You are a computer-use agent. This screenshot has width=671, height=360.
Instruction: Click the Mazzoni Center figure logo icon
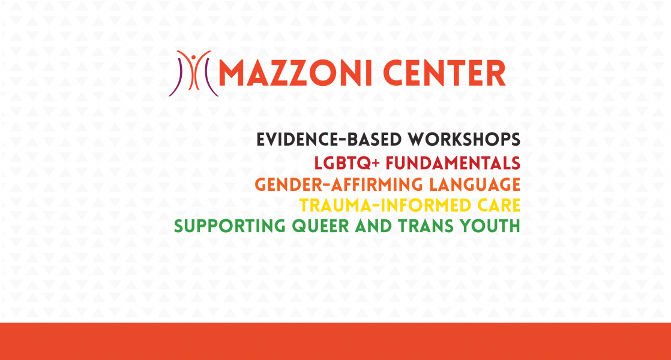point(194,73)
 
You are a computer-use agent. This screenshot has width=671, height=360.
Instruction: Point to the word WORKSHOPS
point(464,140)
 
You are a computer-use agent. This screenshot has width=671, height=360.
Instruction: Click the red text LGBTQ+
point(347,163)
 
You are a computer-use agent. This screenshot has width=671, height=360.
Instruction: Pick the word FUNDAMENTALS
point(453,163)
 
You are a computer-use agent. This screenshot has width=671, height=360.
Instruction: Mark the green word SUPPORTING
point(230,226)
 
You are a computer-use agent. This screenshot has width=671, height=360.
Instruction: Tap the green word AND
point(373,226)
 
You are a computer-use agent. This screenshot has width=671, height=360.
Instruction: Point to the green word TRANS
point(426,226)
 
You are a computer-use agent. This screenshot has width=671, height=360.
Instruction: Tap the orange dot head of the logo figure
point(194,57)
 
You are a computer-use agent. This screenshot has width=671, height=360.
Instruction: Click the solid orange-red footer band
point(335,341)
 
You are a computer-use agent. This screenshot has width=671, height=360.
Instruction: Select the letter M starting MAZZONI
point(233,73)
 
